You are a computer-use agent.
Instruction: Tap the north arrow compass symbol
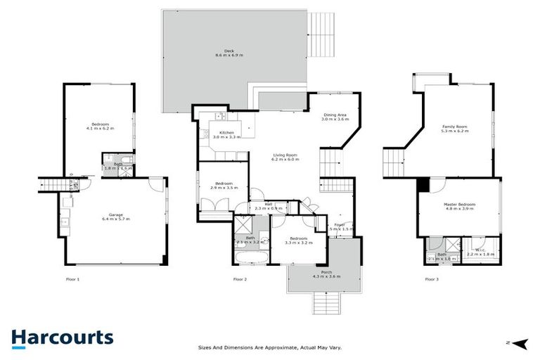click(x=519, y=342)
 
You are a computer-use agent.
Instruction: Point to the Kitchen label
click(x=226, y=135)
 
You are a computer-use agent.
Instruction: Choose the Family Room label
click(x=454, y=128)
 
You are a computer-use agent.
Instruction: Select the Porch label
click(x=326, y=274)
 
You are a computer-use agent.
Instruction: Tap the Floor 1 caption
click(x=72, y=279)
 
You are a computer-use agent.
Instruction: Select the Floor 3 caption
click(x=431, y=279)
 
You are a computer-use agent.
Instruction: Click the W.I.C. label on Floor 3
click(x=482, y=251)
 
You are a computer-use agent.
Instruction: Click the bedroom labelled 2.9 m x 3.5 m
click(x=222, y=186)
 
